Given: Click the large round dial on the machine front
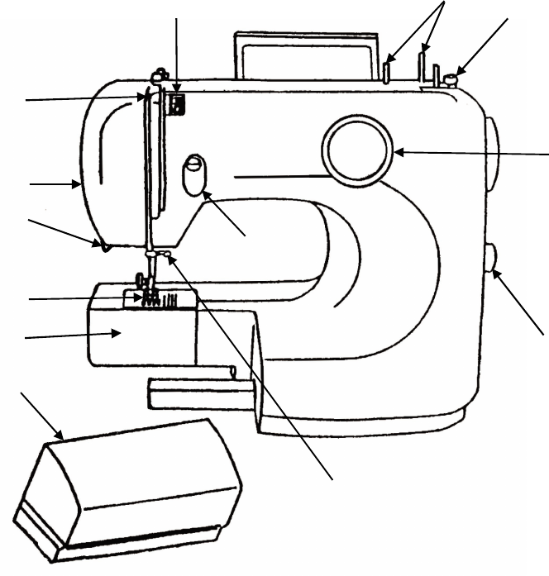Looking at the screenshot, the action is point(356,150).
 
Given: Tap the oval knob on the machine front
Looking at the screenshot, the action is point(193,175).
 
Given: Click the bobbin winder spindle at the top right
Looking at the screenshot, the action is point(451,79).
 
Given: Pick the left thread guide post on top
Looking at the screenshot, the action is point(387,71).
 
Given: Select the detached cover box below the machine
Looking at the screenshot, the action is point(132,488).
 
